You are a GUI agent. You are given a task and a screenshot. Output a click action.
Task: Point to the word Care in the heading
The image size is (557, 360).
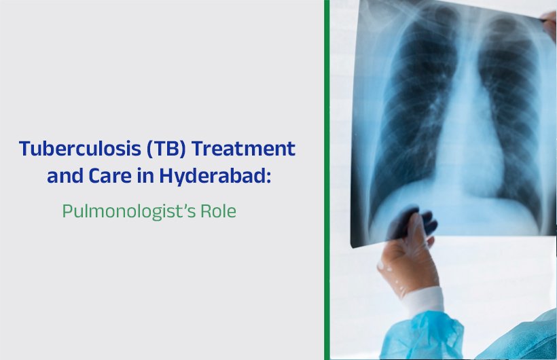click(122, 175)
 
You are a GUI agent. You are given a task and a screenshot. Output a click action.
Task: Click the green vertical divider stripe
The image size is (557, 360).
click(327, 180)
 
